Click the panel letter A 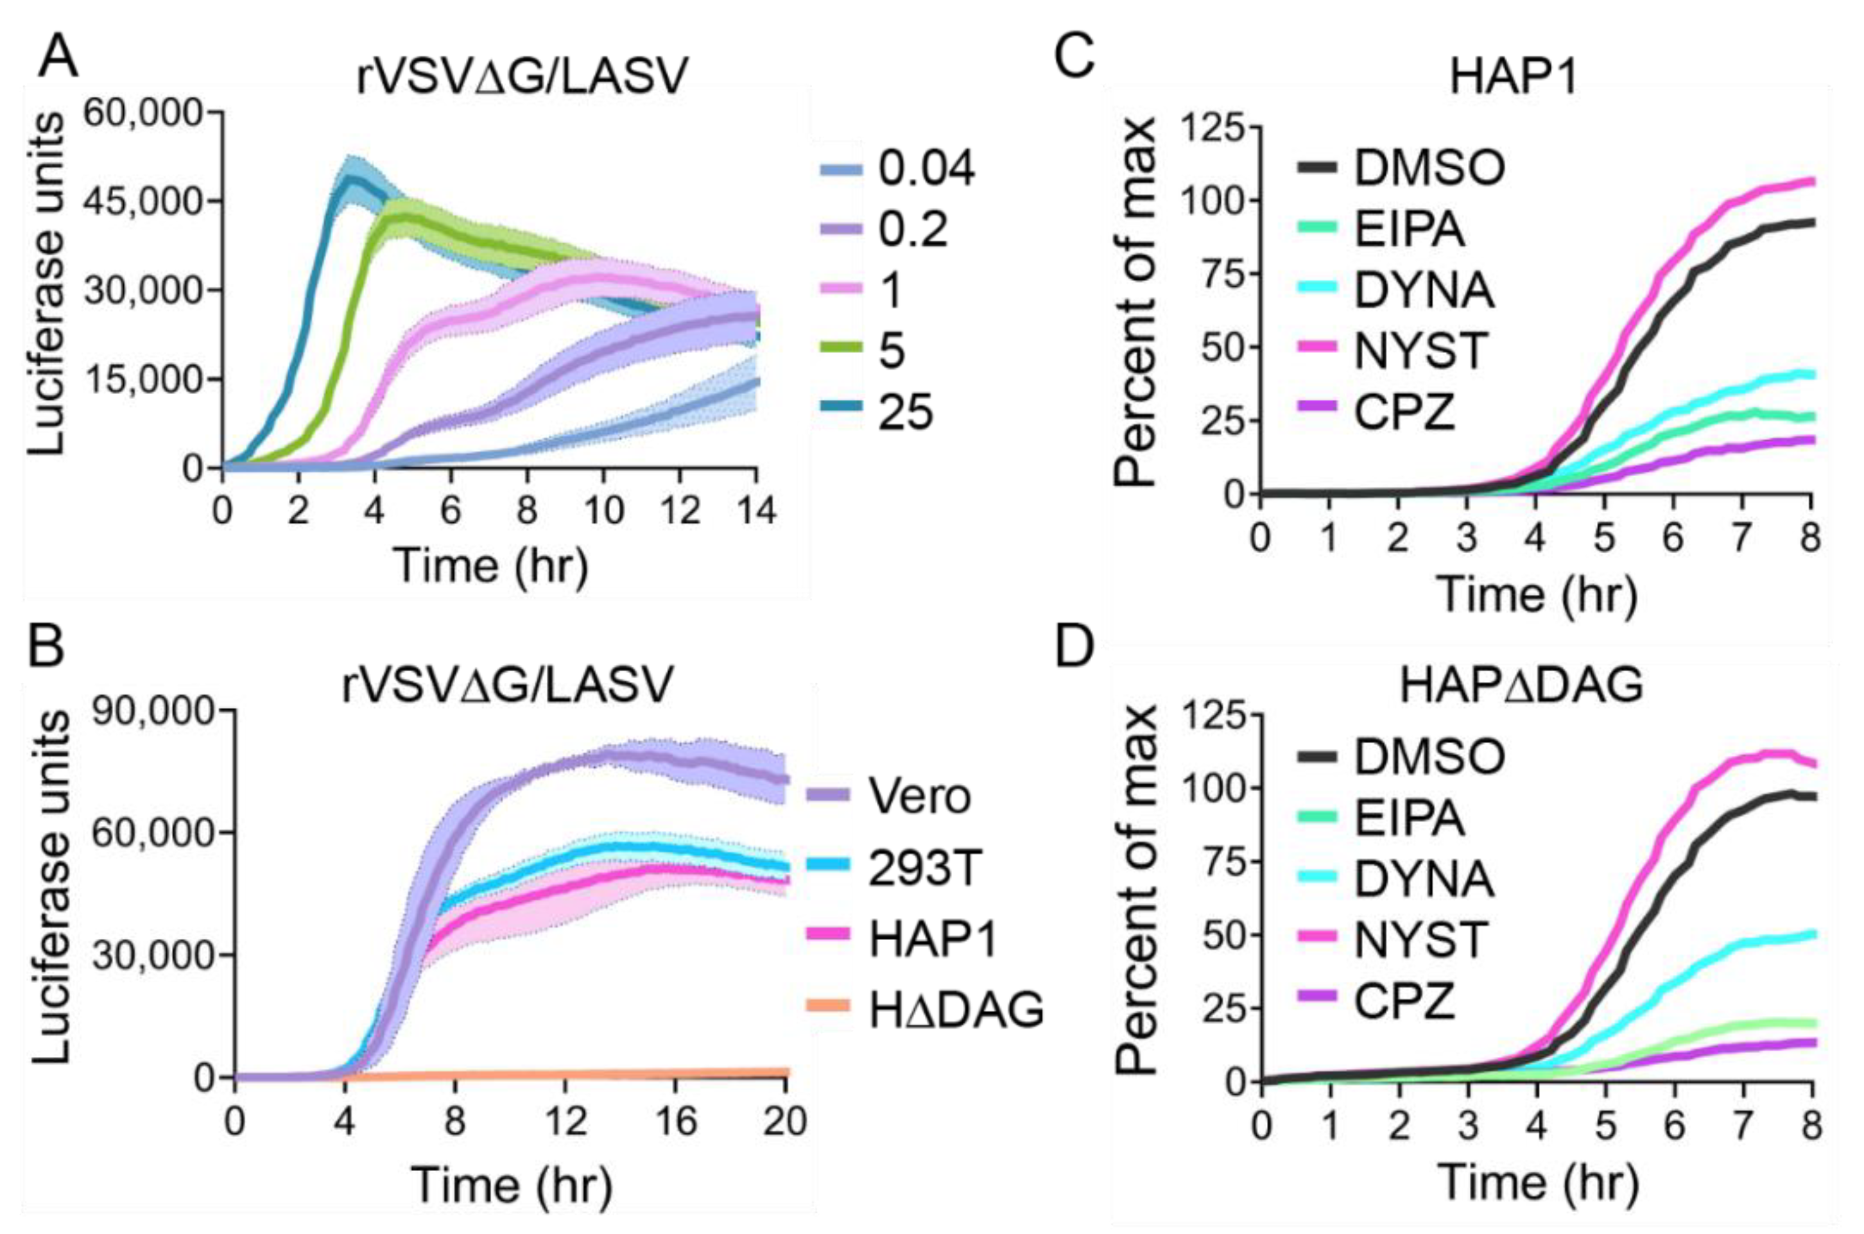(x=58, y=56)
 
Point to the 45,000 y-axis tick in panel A (x=145, y=201)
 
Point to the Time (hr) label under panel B (x=511, y=1186)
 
